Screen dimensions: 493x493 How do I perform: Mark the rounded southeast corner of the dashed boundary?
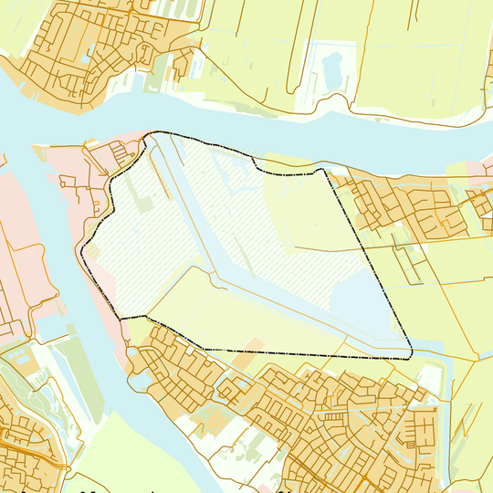point(411,354)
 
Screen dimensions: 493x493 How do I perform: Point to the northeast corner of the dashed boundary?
point(322,169)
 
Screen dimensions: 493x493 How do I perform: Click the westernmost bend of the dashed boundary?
point(82,250)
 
